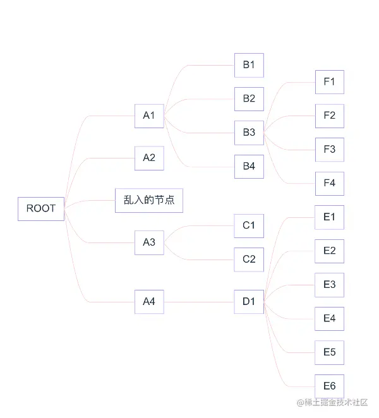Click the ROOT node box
(x=41, y=208)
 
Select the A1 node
(x=149, y=116)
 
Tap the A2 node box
(x=149, y=158)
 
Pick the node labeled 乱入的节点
(x=149, y=200)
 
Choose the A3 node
(x=149, y=242)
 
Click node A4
(x=149, y=302)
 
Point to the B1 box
(x=249, y=65)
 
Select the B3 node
(x=249, y=133)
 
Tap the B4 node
(x=249, y=167)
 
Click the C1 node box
(x=249, y=225)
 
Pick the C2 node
(x=249, y=260)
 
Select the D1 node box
(x=249, y=302)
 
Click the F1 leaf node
(x=330, y=82)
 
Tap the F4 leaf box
(x=330, y=184)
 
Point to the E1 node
(x=330, y=217)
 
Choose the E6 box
(x=330, y=386)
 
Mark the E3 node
(x=330, y=285)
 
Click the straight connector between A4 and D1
(x=199, y=302)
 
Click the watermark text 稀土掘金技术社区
(x=332, y=403)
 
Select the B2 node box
(x=249, y=99)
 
